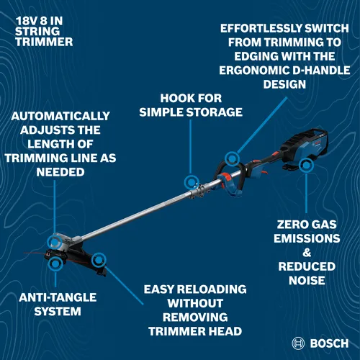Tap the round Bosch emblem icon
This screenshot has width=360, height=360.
click(x=299, y=342)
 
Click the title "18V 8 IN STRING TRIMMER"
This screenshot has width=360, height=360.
click(x=44, y=32)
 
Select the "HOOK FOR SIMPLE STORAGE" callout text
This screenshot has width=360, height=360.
click(x=192, y=105)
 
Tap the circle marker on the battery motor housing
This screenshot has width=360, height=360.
click(x=307, y=165)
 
